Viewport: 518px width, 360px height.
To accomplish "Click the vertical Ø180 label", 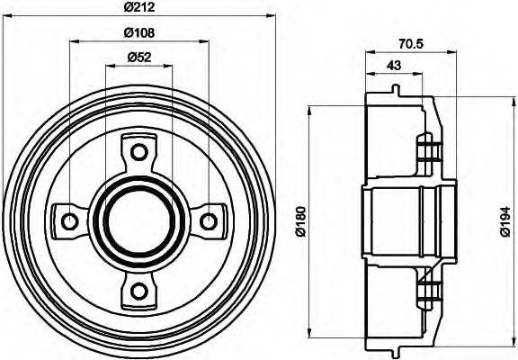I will click(x=299, y=219).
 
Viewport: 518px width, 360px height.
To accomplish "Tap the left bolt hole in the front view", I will click(x=67, y=219).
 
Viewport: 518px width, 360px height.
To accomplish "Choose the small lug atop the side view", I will click(x=396, y=89).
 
